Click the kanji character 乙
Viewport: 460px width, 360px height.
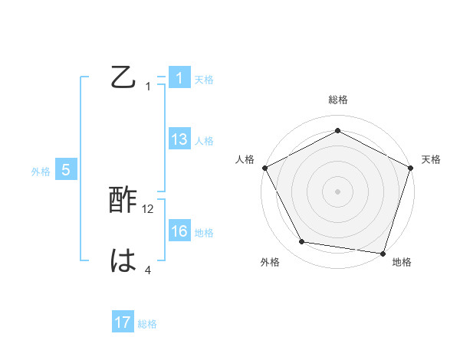[123, 78]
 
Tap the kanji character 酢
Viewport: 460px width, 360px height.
[123, 201]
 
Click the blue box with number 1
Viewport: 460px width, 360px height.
[179, 78]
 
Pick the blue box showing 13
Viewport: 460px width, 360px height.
[179, 139]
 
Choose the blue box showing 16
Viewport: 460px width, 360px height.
[179, 231]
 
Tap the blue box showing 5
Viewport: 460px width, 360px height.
[66, 170]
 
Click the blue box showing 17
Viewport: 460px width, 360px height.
[123, 323]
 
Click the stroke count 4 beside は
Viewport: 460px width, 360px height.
[148, 270]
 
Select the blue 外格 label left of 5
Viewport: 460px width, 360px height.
[41, 172]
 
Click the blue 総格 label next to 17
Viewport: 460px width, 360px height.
[147, 324]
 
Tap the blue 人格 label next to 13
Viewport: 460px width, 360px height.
[204, 141]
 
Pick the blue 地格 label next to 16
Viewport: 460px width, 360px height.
[204, 233]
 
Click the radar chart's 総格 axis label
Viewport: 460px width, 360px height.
[337, 100]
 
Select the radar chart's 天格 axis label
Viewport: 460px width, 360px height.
[432, 159]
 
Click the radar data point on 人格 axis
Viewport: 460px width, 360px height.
[264, 167]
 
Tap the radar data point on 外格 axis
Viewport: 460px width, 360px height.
[302, 242]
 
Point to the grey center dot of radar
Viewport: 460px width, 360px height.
[337, 191]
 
